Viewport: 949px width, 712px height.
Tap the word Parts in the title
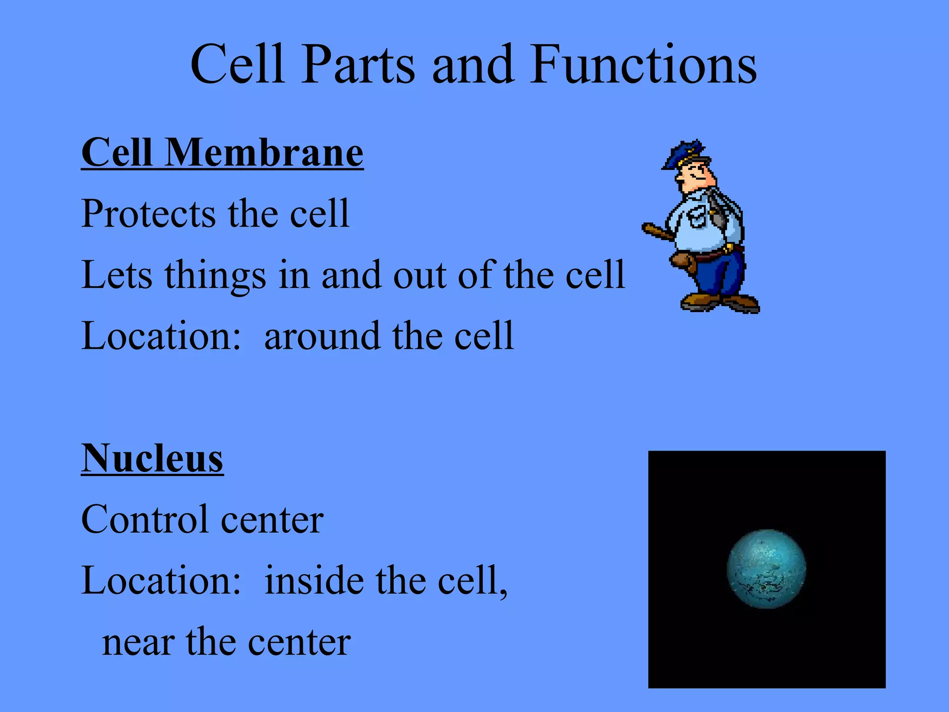click(x=358, y=65)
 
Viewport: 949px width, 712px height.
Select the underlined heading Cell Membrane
click(x=222, y=153)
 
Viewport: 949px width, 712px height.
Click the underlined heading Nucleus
click(x=152, y=459)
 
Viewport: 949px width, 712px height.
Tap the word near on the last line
click(x=138, y=643)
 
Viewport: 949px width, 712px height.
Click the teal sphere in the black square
click(x=766, y=569)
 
